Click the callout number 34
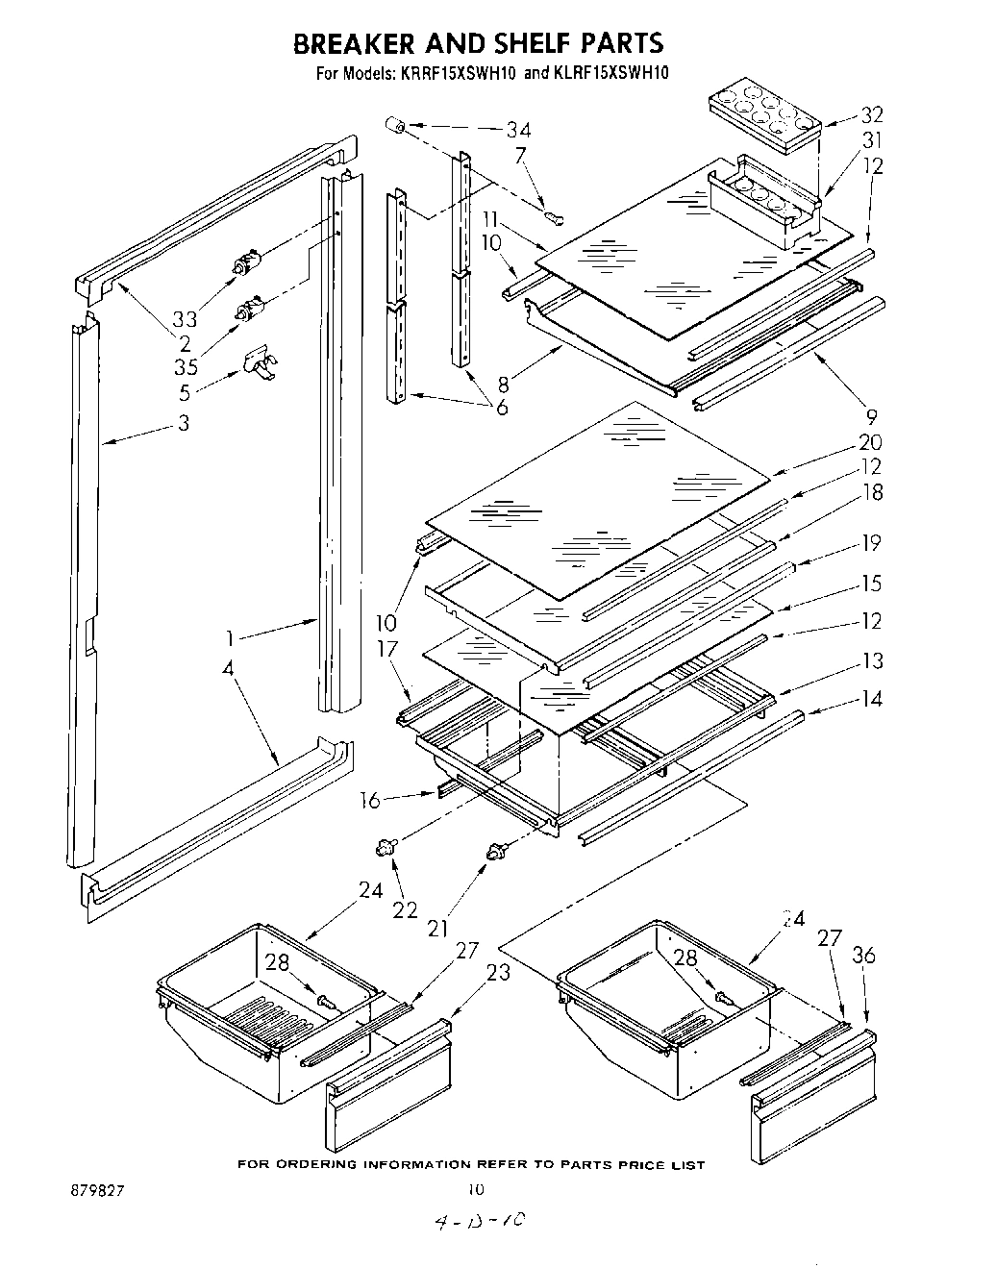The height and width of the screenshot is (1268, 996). click(x=519, y=131)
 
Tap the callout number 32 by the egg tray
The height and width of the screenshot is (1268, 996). click(x=871, y=115)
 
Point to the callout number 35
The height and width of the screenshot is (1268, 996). click(x=187, y=365)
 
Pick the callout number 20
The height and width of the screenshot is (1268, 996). click(x=871, y=442)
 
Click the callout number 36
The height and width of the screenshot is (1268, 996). click(x=863, y=956)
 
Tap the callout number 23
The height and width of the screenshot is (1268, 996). click(x=498, y=972)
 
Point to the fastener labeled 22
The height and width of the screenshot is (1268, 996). click(x=387, y=846)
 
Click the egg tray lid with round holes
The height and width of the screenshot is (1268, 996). click(x=762, y=115)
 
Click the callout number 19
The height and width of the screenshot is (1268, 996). click(x=871, y=544)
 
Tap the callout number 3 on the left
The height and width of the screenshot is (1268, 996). click(x=184, y=423)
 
